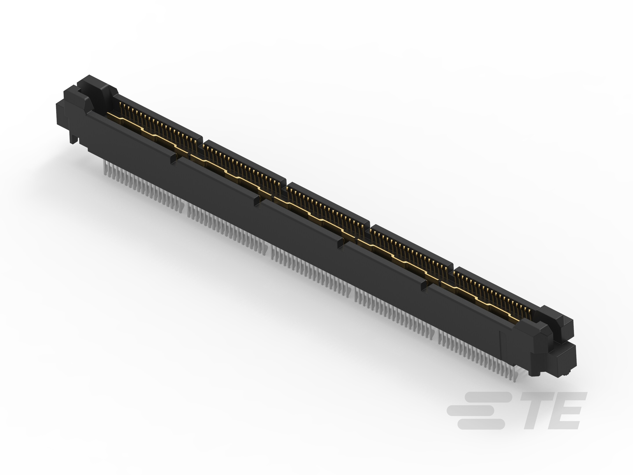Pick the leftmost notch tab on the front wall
pos(173,158)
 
